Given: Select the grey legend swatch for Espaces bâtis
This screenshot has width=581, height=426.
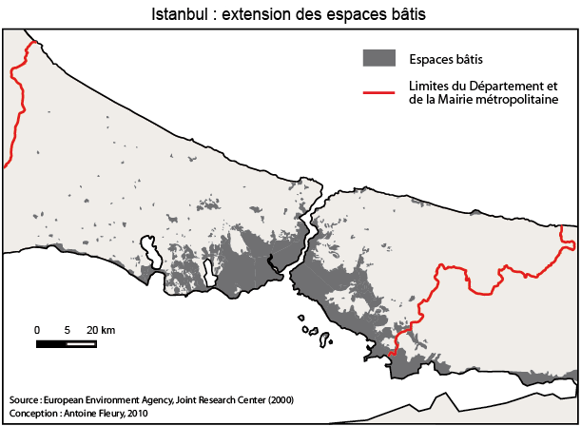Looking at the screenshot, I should [x=378, y=57].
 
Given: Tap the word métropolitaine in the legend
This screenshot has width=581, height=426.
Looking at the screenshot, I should [x=523, y=98].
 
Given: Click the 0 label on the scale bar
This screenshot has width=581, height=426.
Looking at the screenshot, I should [x=37, y=329].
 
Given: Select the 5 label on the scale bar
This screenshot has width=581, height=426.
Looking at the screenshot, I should [x=67, y=329].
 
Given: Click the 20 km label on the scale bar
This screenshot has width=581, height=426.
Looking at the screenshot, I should [x=101, y=329].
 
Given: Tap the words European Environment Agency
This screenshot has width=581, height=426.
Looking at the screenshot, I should [x=99, y=399].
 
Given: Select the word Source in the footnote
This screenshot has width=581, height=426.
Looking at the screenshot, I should [x=24, y=399].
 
